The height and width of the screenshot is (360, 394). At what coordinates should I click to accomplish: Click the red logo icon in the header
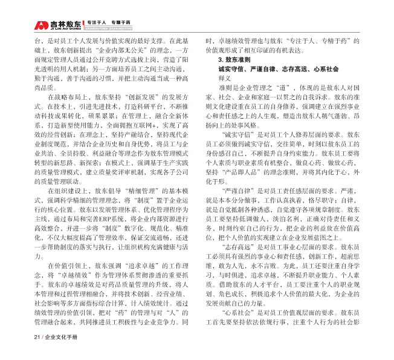(40, 25)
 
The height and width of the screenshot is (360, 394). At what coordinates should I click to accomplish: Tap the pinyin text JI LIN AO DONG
(62, 29)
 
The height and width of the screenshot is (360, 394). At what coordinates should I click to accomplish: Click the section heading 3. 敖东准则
(231, 62)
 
